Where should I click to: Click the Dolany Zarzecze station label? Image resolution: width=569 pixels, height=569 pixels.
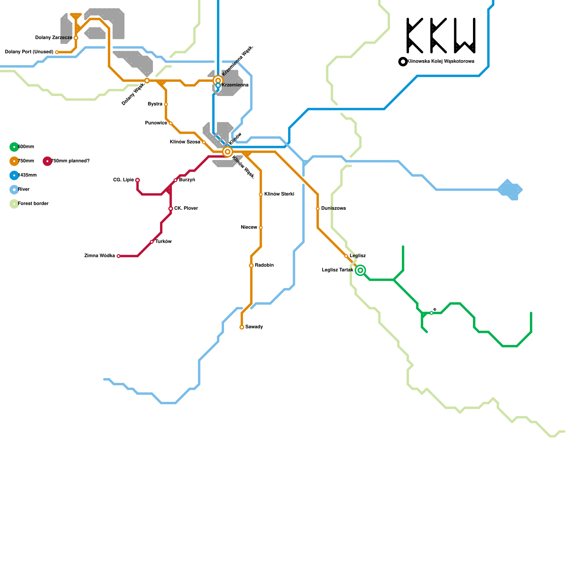coord(54,38)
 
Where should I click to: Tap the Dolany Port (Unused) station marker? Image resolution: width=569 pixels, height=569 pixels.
coord(57,52)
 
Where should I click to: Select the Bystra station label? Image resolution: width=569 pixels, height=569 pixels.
coord(155,104)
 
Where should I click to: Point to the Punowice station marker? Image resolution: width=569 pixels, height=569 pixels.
coord(171,123)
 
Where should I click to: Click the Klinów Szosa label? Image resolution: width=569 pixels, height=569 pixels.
coord(185,142)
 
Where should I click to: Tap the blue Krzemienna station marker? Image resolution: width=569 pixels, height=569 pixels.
coord(218,85)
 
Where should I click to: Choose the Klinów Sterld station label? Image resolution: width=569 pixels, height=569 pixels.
coord(279,194)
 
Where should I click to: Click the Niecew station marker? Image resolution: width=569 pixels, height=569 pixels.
coord(261,228)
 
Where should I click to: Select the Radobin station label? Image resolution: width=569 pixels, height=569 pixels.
coord(264,265)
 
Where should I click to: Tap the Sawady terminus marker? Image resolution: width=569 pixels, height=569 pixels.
coord(242,327)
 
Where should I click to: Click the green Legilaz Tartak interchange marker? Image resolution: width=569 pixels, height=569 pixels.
coord(360,270)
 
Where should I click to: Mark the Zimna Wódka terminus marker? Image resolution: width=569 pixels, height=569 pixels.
coord(118,256)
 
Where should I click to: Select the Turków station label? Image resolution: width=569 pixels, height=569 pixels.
coord(164,242)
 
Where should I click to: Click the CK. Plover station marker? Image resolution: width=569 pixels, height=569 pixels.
coord(171,208)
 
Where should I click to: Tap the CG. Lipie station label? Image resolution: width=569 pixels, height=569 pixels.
coord(123,180)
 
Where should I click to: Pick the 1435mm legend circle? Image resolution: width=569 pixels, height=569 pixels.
coord(14,175)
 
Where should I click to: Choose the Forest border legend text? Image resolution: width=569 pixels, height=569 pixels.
coord(33,204)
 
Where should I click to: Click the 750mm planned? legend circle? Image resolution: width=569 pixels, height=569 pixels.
coord(47,161)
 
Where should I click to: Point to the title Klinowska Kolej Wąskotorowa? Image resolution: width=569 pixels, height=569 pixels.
coord(441,62)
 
